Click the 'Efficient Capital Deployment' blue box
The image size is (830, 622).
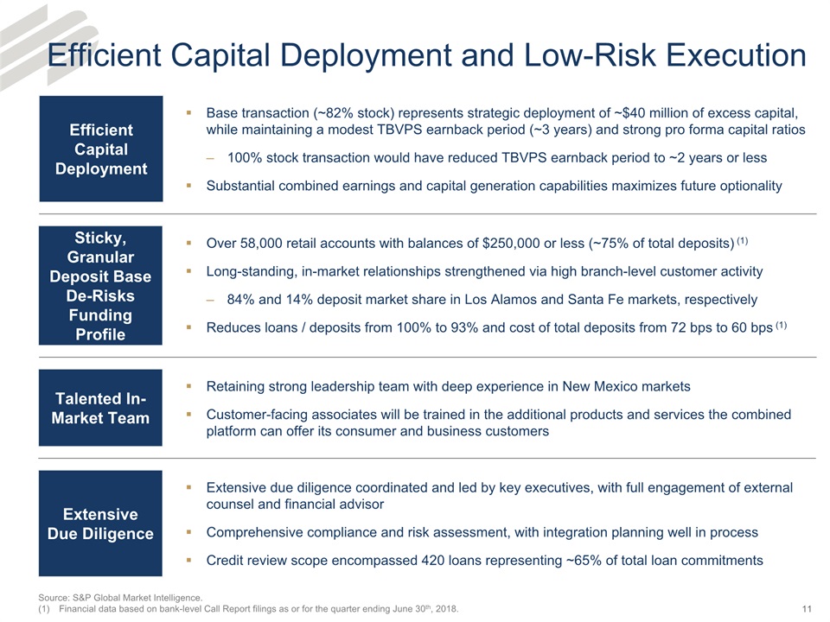pos(101,149)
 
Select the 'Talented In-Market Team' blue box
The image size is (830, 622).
pos(101,408)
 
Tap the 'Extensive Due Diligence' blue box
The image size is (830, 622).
pos(101,524)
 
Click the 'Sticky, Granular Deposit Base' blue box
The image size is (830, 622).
pos(101,285)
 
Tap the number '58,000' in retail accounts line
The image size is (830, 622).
pos(259,243)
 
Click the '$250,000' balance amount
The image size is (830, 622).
pos(513,243)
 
